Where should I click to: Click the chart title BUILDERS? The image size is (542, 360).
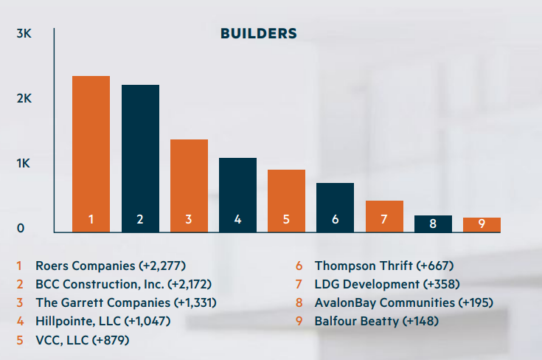click(x=259, y=34)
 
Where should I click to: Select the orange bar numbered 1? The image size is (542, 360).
click(x=91, y=154)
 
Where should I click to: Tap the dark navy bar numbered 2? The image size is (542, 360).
click(x=140, y=159)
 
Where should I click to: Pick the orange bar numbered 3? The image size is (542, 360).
click(x=189, y=186)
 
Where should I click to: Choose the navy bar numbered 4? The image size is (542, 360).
click(x=237, y=195)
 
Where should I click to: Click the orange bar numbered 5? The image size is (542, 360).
click(x=286, y=201)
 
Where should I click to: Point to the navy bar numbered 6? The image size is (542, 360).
click(x=335, y=207)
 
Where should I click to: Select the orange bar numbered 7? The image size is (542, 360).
click(x=384, y=216)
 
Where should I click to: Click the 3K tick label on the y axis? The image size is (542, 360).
click(x=24, y=34)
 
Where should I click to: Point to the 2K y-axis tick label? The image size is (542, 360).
click(x=24, y=99)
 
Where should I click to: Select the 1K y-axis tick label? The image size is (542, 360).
click(x=24, y=164)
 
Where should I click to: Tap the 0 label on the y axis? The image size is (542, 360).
click(x=21, y=229)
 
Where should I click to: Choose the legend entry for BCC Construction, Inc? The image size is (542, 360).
click(x=118, y=284)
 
